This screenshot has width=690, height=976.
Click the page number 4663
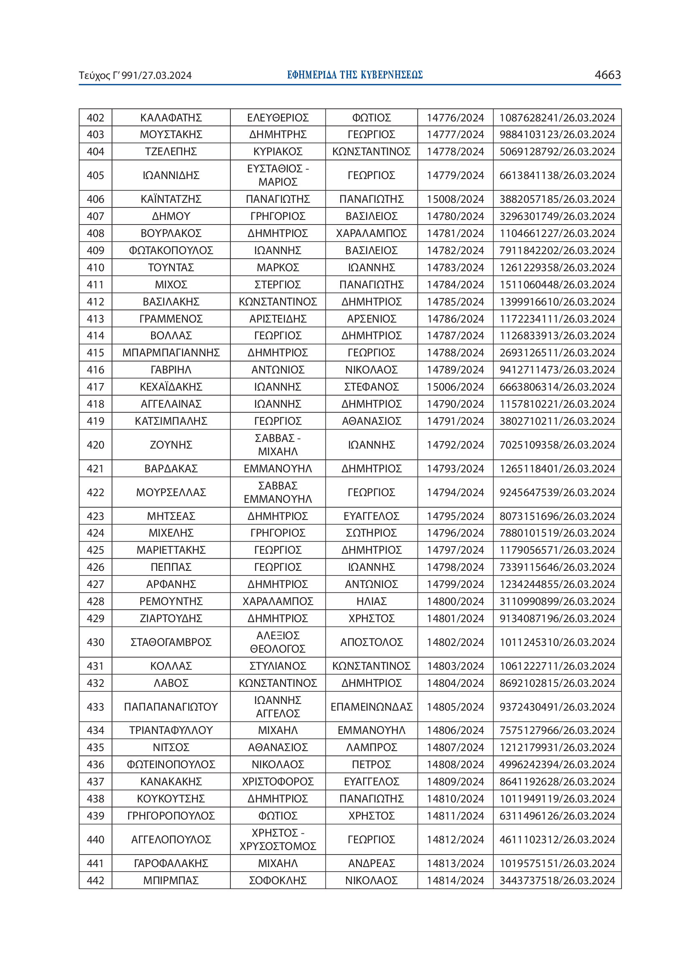pyautogui.click(x=607, y=75)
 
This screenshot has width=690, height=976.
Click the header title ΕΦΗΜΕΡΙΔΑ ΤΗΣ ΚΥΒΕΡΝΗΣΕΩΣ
pyautogui.click(x=354, y=75)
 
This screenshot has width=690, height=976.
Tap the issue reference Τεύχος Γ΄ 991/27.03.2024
pyautogui.click(x=135, y=76)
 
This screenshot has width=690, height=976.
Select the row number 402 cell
pyautogui.click(x=95, y=118)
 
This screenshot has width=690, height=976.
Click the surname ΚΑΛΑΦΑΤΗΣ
pyautogui.click(x=171, y=118)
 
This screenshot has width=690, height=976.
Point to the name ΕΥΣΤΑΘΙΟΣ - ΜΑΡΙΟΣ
pyautogui.click(x=278, y=175)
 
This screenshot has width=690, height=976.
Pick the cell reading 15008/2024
pyautogui.click(x=455, y=199)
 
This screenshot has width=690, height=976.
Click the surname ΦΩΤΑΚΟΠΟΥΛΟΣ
pyautogui.click(x=171, y=250)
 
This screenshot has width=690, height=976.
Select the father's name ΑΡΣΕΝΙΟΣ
pyautogui.click(x=371, y=319)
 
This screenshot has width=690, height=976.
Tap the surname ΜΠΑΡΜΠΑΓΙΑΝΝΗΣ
pyautogui.click(x=171, y=353)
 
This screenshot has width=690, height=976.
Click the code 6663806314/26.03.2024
pyautogui.click(x=557, y=387)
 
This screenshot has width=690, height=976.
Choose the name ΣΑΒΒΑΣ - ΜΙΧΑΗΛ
pyautogui.click(x=278, y=445)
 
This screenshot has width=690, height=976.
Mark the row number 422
pyautogui.click(x=95, y=492)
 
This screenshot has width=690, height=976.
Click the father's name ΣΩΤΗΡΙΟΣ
pyautogui.click(x=371, y=533)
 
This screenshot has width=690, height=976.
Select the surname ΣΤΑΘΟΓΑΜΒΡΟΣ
pyautogui.click(x=171, y=642)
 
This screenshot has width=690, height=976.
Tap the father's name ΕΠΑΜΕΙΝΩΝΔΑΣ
pyautogui.click(x=371, y=707)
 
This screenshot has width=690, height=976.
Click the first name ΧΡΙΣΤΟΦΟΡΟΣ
pyautogui.click(x=278, y=782)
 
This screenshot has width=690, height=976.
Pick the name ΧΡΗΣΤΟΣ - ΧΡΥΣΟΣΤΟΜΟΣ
pyautogui.click(x=278, y=840)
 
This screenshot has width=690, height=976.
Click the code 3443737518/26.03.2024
pyautogui.click(x=557, y=880)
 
